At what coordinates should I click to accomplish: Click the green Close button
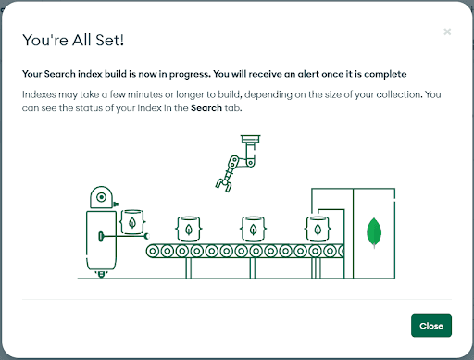coord(431,326)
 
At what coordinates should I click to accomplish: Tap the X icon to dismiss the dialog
coord(447,31)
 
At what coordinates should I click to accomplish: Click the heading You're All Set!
coord(73,40)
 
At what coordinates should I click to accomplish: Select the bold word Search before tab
coord(206,107)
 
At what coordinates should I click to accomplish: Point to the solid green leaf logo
coord(374,233)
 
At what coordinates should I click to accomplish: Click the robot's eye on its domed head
coord(101,197)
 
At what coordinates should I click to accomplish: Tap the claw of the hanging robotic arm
coord(224,185)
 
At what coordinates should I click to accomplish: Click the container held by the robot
coord(132,222)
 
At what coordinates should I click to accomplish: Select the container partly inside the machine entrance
coord(318,229)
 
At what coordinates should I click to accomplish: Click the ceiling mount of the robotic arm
coord(251,139)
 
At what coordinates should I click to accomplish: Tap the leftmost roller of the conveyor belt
coord(153,252)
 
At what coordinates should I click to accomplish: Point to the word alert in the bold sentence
coord(308,74)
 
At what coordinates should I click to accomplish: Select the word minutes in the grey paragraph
coord(145,94)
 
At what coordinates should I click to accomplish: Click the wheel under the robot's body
coord(101,274)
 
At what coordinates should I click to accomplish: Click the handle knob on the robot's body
coord(101,236)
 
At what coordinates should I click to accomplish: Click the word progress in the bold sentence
coord(190,74)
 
